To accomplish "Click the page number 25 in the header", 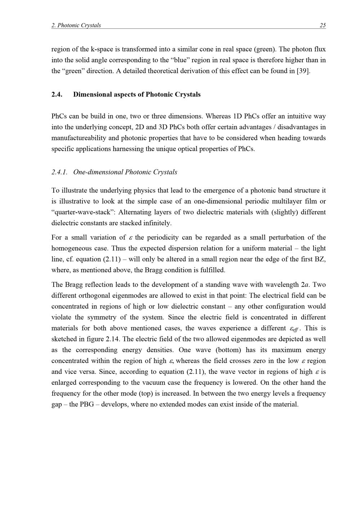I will click(323, 25).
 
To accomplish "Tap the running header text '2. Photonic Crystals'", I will click(76, 25).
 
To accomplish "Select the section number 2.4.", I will click(57, 95).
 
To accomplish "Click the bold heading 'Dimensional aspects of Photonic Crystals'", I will click(137, 95).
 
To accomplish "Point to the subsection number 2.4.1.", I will click(59, 172).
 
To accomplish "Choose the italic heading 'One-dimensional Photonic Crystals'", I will click(125, 172).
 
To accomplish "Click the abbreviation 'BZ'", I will click(320, 259).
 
